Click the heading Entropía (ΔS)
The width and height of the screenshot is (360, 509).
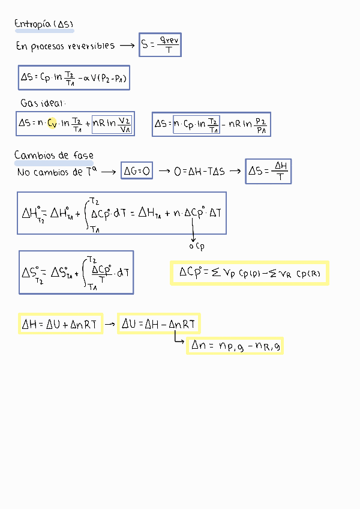[44, 24]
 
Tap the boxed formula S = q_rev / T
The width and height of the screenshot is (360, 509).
[160, 45]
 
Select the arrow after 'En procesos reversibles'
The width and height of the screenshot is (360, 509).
[127, 46]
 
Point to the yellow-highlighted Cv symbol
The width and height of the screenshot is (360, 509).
[52, 123]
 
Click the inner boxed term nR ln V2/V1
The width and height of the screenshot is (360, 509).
[112, 124]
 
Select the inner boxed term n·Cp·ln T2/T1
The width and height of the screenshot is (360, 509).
[196, 124]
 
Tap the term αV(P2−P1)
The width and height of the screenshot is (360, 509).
[106, 78]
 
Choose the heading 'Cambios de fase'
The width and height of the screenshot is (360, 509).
[53, 156]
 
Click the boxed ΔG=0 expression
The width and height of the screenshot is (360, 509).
[137, 172]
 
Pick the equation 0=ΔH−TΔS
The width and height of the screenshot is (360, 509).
[199, 172]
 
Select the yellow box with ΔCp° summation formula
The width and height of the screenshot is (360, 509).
[249, 273]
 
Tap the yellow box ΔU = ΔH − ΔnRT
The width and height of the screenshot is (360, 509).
[158, 324]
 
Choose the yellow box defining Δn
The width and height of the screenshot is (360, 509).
[235, 345]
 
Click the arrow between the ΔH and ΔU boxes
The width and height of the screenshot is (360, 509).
[110, 324]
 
